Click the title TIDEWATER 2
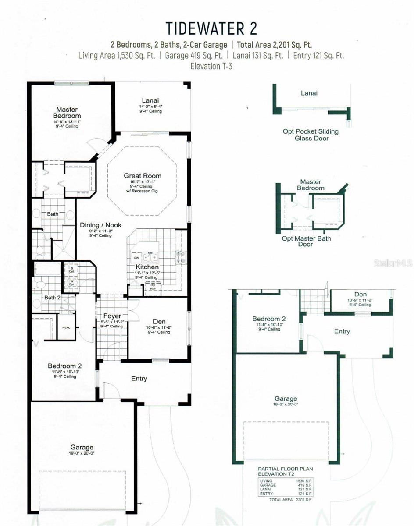211,28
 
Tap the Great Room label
143,176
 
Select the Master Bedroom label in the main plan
67,113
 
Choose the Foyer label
112,316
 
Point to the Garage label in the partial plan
286,398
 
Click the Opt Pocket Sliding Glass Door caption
310,135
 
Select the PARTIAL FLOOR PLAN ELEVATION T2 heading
286,471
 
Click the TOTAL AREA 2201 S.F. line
286,499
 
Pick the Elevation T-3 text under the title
211,67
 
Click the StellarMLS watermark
393,263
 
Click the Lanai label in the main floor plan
150,100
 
